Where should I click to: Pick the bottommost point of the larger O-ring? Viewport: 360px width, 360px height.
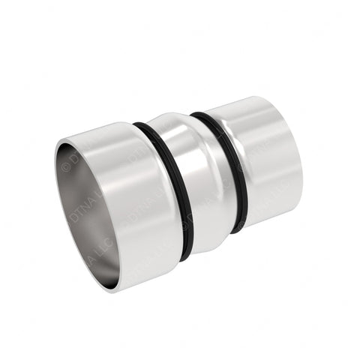tap(184, 259)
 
